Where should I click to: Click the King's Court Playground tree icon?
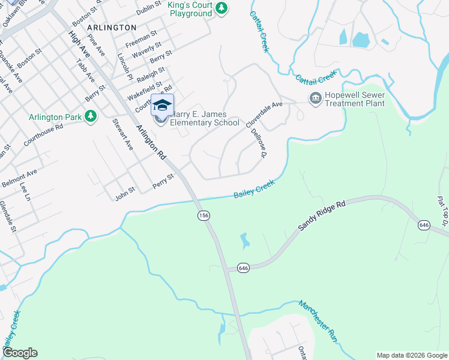point(222,8)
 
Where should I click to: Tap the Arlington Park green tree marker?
point(91,116)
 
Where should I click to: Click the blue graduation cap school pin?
point(162,105)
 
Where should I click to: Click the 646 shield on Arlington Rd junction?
point(243,268)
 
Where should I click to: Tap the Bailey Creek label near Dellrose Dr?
point(254,189)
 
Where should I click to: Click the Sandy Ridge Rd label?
point(323,217)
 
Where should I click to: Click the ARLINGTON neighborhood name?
point(112,28)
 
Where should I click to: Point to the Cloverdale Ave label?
point(264,115)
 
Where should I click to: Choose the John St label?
point(125,193)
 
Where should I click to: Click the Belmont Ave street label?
point(19,177)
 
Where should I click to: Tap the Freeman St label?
point(141,38)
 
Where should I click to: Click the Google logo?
point(20,353)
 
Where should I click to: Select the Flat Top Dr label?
point(444,208)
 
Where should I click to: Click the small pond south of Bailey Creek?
point(244,241)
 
